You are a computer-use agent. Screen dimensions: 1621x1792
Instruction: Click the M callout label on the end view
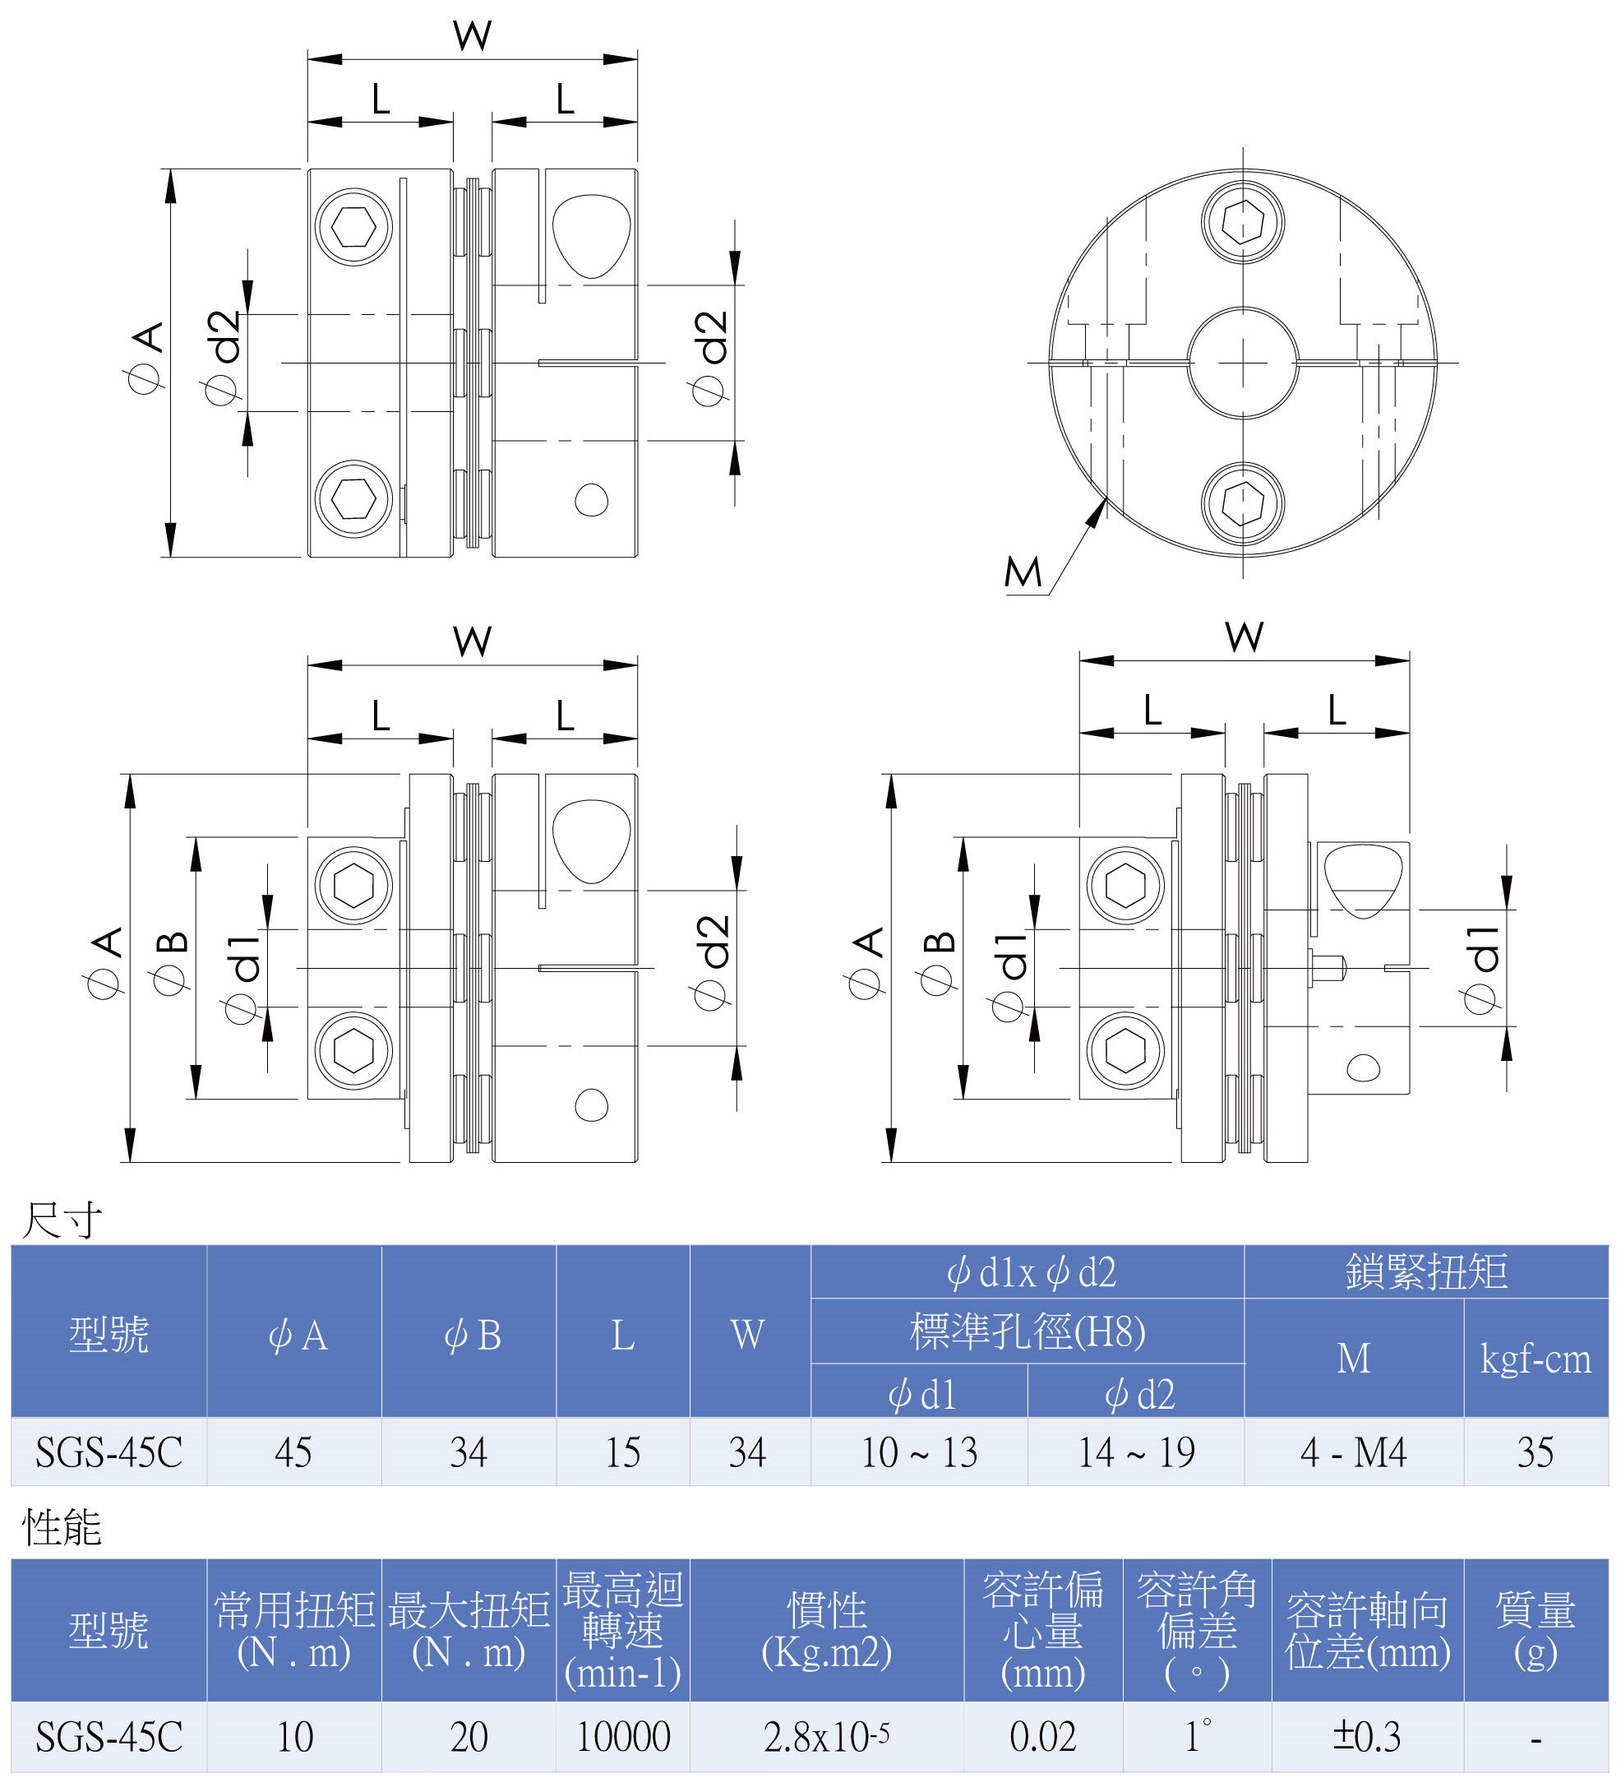(1023, 572)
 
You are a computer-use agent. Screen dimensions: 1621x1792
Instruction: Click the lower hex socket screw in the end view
(1242, 502)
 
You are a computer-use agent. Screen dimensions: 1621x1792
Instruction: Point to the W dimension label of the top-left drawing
(472, 35)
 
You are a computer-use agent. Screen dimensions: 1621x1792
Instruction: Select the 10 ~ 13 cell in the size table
(919, 1452)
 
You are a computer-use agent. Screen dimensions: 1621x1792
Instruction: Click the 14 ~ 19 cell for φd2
(1136, 1452)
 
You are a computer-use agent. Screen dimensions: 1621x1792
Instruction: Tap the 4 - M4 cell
(1354, 1452)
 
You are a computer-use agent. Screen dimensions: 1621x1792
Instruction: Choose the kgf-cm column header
(1536, 1359)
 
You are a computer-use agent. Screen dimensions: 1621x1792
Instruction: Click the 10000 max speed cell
(623, 1736)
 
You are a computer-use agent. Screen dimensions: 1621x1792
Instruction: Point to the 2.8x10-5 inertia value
(826, 1736)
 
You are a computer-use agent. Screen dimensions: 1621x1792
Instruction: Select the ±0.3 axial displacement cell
(1367, 1736)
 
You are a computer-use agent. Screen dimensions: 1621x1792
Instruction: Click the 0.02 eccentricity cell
(1042, 1736)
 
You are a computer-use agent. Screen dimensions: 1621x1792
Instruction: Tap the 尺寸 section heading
(62, 1220)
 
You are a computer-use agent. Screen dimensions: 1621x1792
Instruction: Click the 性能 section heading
(62, 1527)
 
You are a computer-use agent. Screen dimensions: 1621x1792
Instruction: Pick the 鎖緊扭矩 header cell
(1426, 1272)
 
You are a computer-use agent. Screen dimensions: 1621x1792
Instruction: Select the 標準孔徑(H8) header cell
(1028, 1331)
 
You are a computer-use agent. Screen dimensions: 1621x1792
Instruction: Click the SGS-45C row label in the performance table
(109, 1736)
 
